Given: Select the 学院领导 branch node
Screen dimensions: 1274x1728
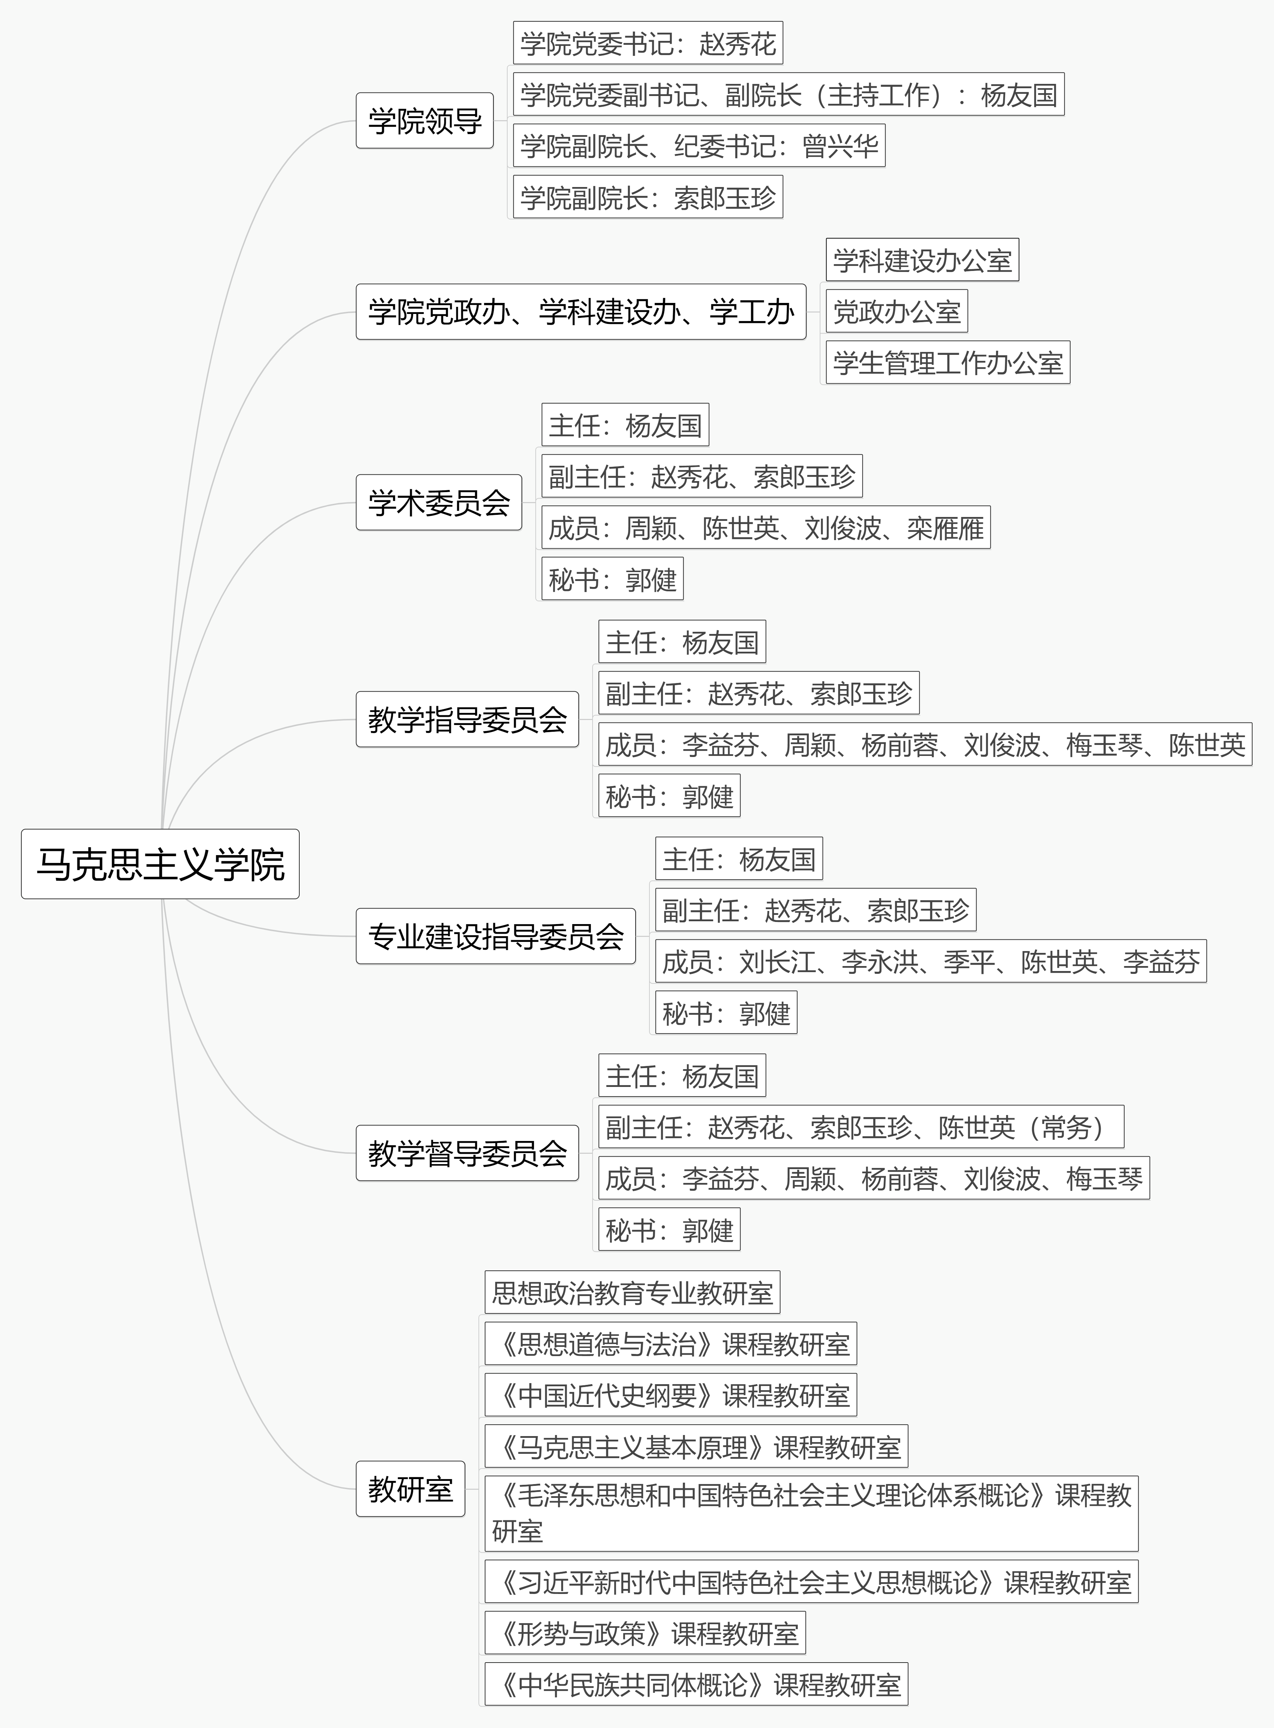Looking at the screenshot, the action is point(424,120).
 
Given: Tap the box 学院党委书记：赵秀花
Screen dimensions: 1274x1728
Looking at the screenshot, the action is point(648,43).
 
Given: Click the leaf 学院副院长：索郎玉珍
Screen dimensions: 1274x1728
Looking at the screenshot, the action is point(648,197).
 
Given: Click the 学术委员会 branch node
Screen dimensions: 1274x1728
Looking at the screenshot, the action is point(439,502).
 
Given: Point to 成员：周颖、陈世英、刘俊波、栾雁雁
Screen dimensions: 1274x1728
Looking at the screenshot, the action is point(766,528).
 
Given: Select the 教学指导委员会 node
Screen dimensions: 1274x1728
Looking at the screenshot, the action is point(467,719).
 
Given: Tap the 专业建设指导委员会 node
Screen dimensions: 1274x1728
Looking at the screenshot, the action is point(496,936).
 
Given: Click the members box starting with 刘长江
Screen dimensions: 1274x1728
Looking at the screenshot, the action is point(931,961).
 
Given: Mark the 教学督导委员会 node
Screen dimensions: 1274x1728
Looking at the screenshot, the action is point(467,1152).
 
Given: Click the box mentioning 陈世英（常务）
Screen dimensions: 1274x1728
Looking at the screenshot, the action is point(861,1127).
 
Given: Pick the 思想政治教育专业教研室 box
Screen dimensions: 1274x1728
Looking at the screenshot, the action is point(632,1292).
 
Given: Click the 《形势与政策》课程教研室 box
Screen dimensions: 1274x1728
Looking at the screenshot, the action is point(646,1632).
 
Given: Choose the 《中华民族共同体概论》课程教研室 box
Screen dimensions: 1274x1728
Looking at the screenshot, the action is point(696,1684).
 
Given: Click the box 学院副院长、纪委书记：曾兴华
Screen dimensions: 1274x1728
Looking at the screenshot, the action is point(700,146).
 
